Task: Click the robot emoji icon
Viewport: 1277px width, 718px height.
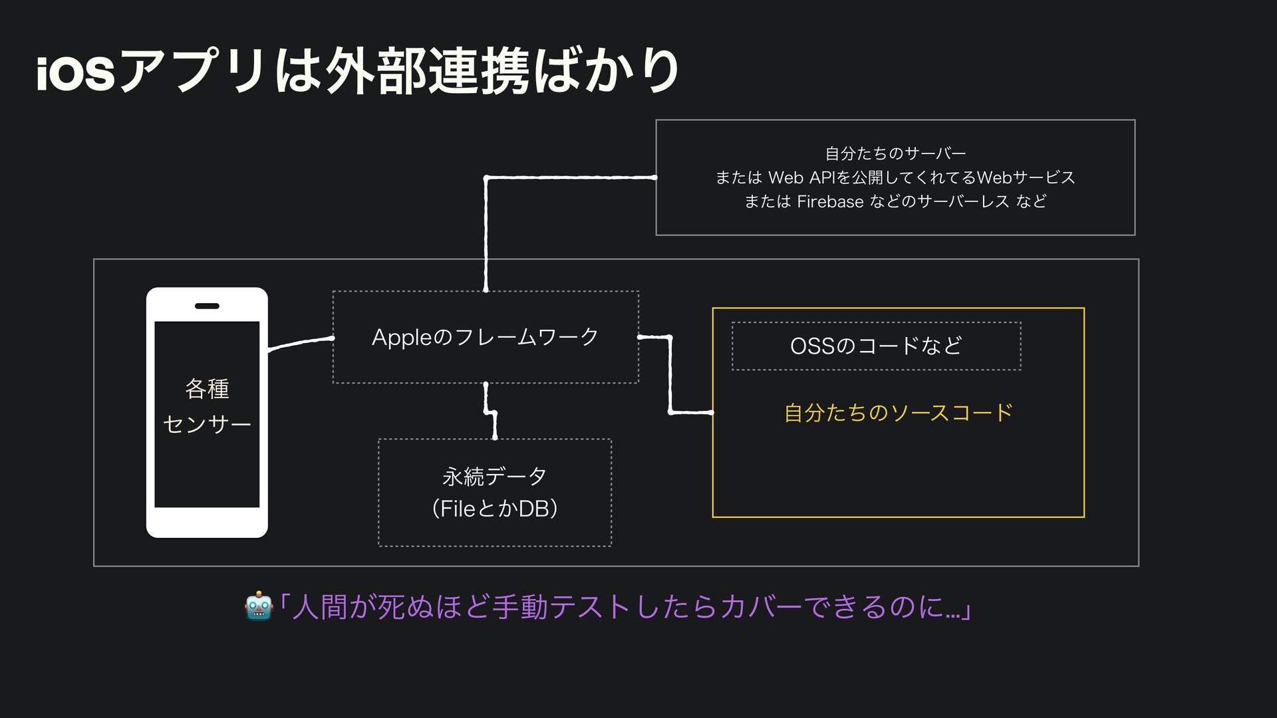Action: tap(258, 606)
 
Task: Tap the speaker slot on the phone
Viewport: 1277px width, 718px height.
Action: tap(207, 306)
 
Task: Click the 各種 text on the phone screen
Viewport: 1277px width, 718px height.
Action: tap(207, 389)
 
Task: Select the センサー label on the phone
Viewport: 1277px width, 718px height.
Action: tap(207, 424)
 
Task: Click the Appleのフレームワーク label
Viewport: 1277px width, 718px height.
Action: tap(485, 337)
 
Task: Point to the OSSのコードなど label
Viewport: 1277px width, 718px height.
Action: tap(876, 346)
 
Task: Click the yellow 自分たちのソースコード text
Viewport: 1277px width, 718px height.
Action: tap(898, 413)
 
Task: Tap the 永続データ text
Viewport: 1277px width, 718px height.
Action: tap(494, 476)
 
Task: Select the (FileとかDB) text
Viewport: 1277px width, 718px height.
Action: tap(494, 509)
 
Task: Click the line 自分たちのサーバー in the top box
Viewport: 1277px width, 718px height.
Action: tap(895, 154)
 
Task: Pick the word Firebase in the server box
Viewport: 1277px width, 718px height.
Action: tap(830, 201)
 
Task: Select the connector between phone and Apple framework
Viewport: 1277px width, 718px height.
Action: tap(299, 342)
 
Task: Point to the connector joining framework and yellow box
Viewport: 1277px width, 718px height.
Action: tap(670, 376)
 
